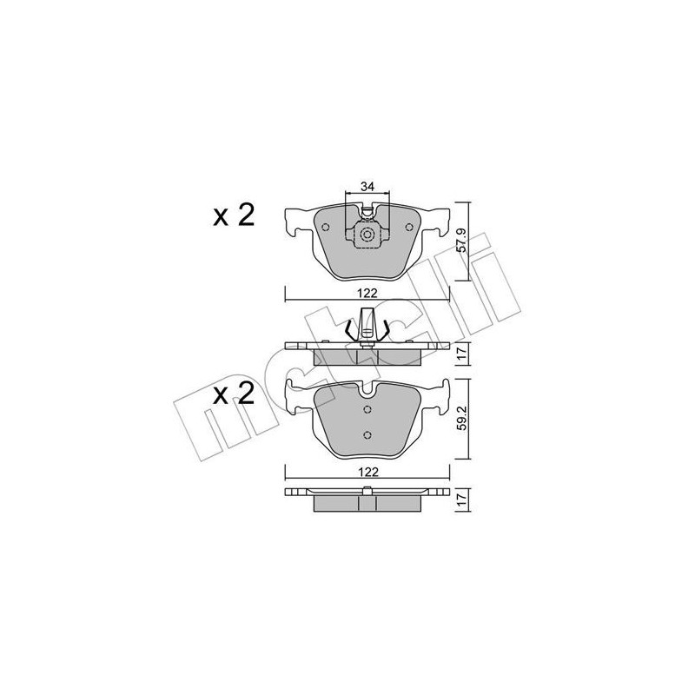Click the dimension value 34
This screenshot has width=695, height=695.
(367, 187)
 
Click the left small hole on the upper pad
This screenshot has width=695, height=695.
(325, 228)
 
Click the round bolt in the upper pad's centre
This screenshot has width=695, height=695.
(367, 235)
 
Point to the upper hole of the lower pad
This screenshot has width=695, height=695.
(367, 408)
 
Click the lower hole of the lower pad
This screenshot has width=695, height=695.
(367, 435)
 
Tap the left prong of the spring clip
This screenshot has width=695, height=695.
(351, 329)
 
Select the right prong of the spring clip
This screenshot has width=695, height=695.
(385, 329)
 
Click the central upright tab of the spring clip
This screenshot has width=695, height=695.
(367, 322)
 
